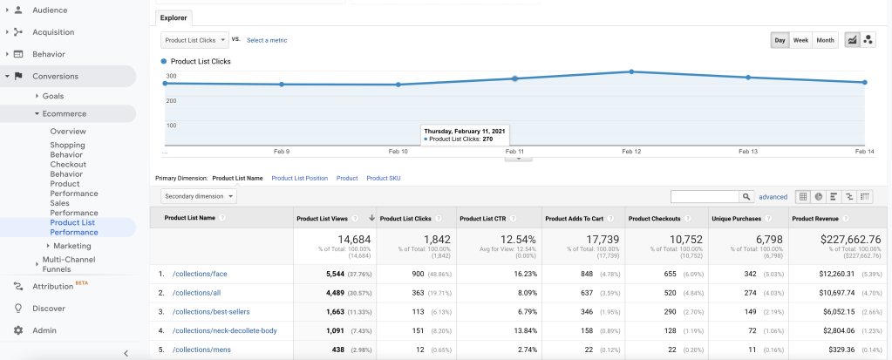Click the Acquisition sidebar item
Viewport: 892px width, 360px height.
point(53,32)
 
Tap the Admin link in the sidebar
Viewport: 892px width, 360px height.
point(44,330)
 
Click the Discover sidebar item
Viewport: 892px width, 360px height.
point(49,309)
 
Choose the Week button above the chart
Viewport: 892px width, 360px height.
point(800,40)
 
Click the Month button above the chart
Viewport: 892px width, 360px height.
point(825,40)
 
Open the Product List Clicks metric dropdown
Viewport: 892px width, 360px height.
point(195,40)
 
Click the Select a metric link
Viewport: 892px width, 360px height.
point(267,40)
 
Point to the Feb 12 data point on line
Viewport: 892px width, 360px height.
point(632,71)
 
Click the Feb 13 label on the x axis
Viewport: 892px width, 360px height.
point(748,152)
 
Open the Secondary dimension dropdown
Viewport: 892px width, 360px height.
point(199,196)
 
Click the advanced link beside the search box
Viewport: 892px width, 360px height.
point(773,197)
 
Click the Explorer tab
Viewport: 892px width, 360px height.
point(174,17)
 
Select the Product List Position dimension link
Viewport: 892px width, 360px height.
point(299,178)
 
